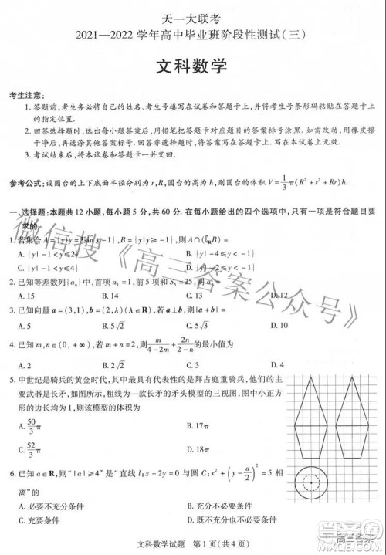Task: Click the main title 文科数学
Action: [193, 66]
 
